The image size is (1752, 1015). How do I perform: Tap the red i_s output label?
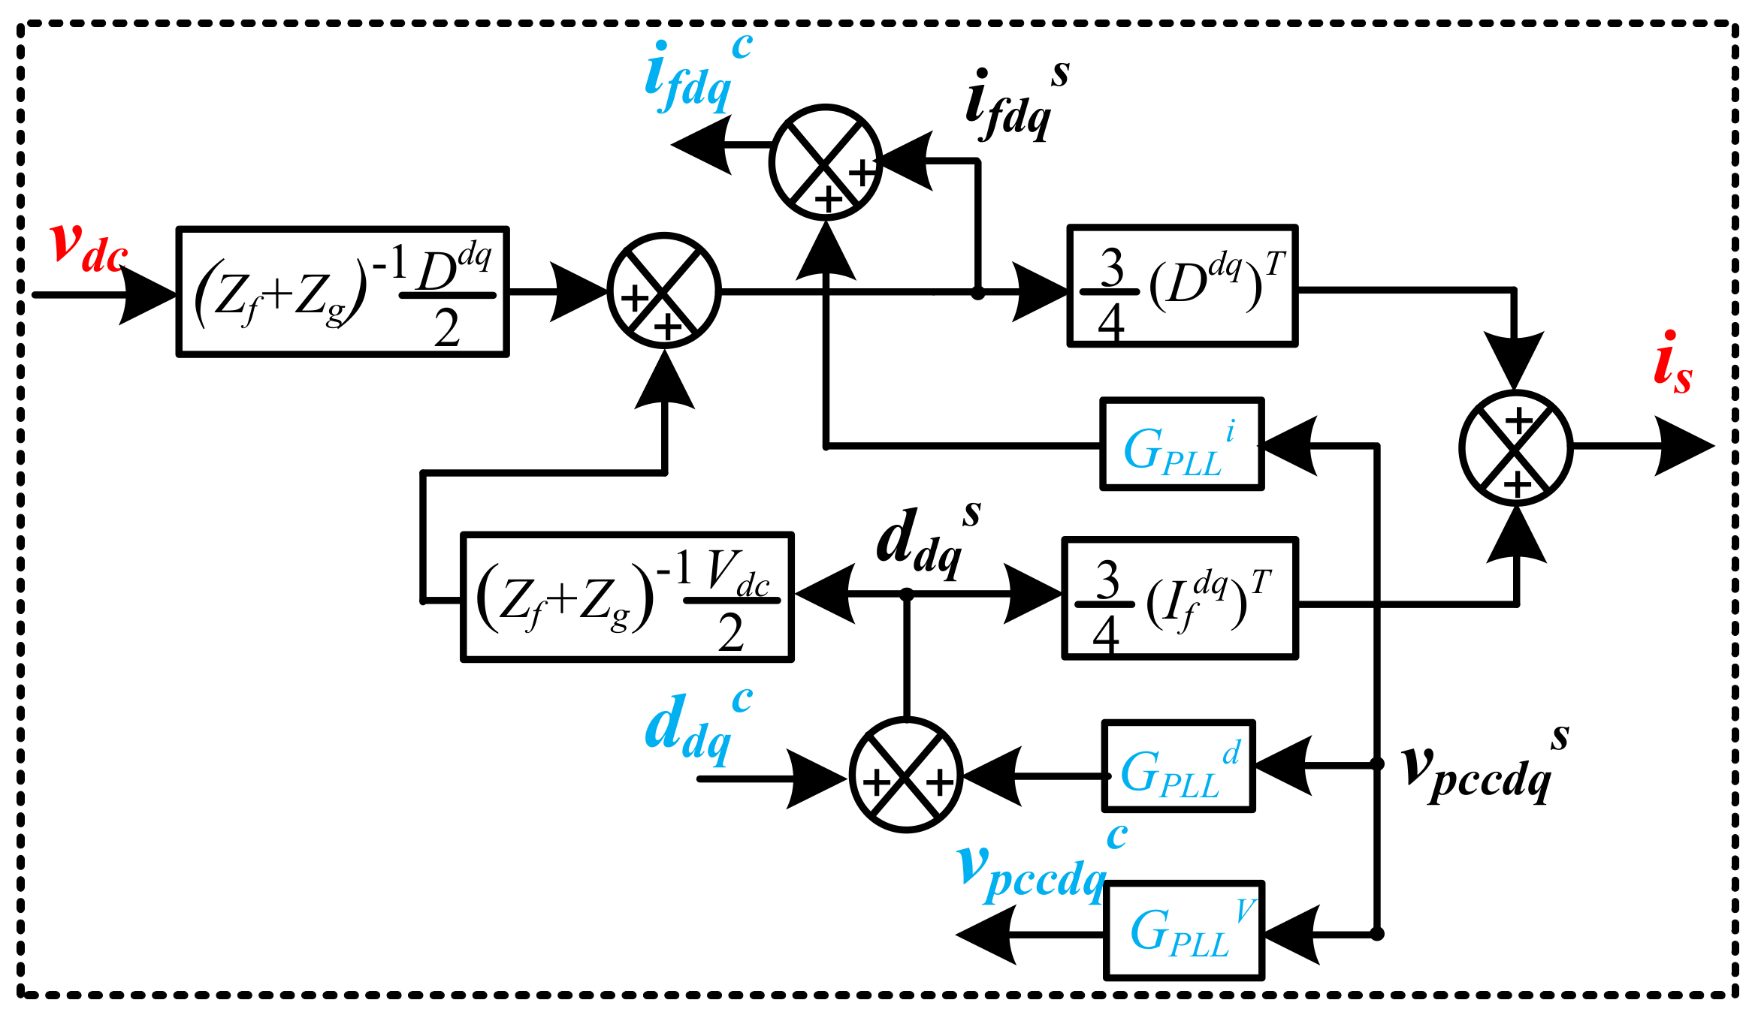coord(1672,364)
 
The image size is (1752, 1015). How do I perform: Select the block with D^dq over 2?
coord(343,291)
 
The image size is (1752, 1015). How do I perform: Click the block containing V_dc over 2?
coord(627,598)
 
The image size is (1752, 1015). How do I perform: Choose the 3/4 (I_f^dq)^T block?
coord(1180,598)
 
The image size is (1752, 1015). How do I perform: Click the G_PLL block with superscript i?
coord(1182,444)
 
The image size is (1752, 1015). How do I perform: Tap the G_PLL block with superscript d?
coord(1178,767)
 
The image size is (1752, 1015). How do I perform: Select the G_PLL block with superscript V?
coord(1184,931)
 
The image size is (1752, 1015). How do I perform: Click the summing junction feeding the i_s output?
coord(1516,447)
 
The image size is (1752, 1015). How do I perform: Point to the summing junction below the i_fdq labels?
coord(826,163)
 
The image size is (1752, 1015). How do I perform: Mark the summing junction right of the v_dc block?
coord(664,291)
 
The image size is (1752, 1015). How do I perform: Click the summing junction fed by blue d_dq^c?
coord(906,776)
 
